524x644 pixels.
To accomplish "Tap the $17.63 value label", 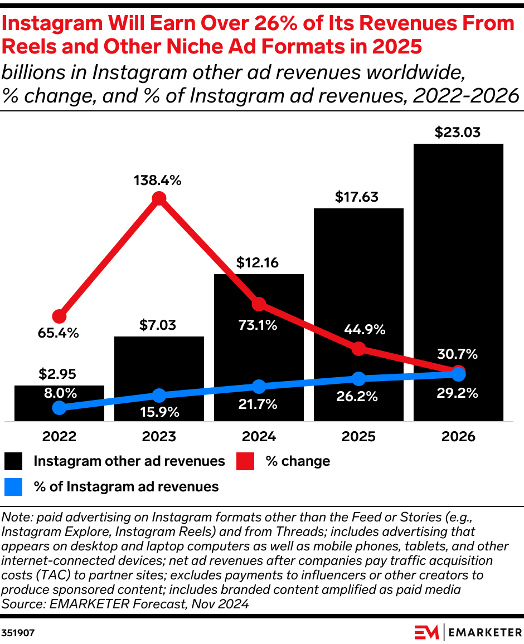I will coord(358,197).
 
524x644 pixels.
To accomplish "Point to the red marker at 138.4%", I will coord(159,198).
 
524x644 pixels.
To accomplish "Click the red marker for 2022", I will coord(60,316).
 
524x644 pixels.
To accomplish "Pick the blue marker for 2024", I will coord(259,386).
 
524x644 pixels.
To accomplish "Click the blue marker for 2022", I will coord(60,408).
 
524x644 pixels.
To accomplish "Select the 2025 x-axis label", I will coord(358,436).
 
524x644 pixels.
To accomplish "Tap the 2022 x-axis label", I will coord(60,436).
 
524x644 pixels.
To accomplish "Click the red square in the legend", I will coord(246,461).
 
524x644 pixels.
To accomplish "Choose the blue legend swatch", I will coord(14,487).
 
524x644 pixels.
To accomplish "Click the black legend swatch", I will coord(14,461).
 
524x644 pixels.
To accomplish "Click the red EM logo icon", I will coord(427,632).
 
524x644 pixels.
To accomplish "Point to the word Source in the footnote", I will coord(20,603).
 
